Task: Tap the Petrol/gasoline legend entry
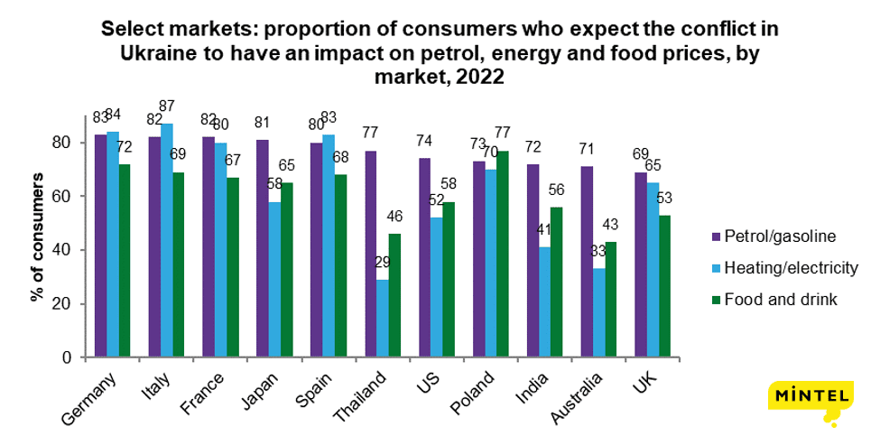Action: click(773, 236)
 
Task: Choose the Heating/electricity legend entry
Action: click(784, 268)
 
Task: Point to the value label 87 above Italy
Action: click(168, 107)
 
